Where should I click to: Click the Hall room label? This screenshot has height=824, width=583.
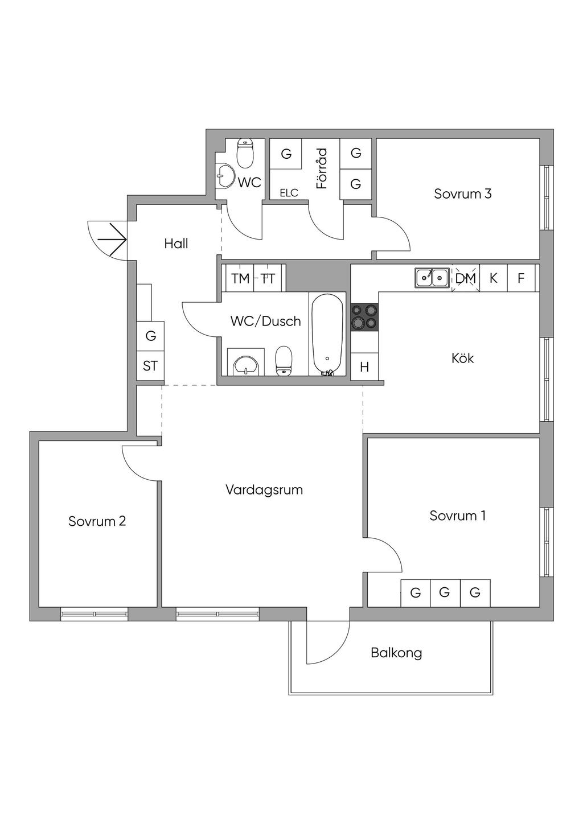pyautogui.click(x=176, y=244)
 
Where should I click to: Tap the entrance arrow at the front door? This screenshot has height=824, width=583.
pyautogui.click(x=112, y=240)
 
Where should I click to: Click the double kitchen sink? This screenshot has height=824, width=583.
pyautogui.click(x=432, y=277)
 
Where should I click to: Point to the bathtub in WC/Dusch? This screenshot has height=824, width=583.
pyautogui.click(x=327, y=335)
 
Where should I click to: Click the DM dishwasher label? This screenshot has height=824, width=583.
pyautogui.click(x=465, y=278)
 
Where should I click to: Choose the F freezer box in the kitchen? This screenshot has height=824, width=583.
pyautogui.click(x=521, y=278)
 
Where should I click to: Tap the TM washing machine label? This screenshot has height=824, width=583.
pyautogui.click(x=240, y=278)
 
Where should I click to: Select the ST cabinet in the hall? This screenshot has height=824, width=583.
pyautogui.click(x=150, y=366)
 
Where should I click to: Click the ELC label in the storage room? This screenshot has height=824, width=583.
pyautogui.click(x=289, y=193)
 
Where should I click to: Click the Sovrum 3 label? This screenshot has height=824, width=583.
pyautogui.click(x=462, y=193)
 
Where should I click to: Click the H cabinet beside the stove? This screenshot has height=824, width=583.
pyautogui.click(x=364, y=366)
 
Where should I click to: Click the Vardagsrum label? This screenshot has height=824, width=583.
pyautogui.click(x=264, y=490)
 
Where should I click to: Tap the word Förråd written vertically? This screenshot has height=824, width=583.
pyautogui.click(x=322, y=168)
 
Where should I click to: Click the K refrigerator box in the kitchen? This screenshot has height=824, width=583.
pyautogui.click(x=494, y=278)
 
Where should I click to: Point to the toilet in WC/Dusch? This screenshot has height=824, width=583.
pyautogui.click(x=284, y=361)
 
